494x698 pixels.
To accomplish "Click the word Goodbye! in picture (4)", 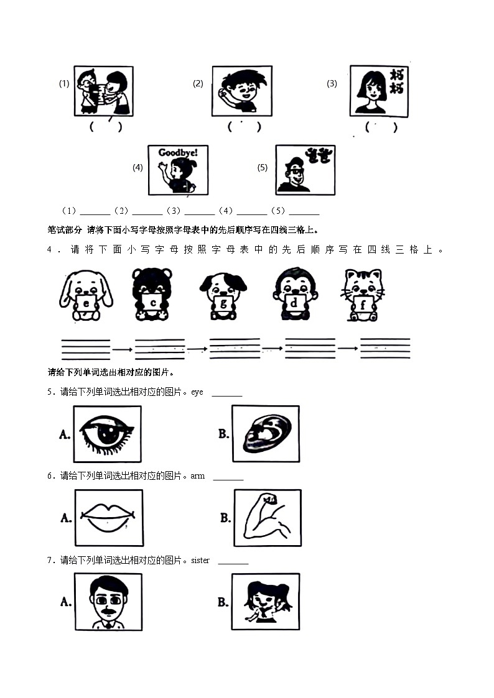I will point(177,153).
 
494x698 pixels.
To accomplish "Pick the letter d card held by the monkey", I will point(294,303).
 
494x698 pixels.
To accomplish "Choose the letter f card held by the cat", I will point(363,303).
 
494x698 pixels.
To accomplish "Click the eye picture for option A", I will point(107,434).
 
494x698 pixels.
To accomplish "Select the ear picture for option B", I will point(266,434).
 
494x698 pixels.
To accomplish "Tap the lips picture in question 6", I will point(108,517).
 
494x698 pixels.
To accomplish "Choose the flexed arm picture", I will point(268,517).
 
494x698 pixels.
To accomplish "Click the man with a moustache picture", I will point(108,601).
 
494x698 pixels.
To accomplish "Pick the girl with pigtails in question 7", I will point(266,601).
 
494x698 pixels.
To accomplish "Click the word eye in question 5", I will point(197,392).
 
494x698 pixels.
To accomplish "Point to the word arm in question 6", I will point(198,476).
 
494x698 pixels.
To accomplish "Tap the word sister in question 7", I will point(200,561).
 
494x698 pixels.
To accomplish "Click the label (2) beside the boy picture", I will point(198,84).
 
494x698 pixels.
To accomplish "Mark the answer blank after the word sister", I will point(233,562).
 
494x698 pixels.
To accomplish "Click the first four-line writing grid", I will point(86,349).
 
